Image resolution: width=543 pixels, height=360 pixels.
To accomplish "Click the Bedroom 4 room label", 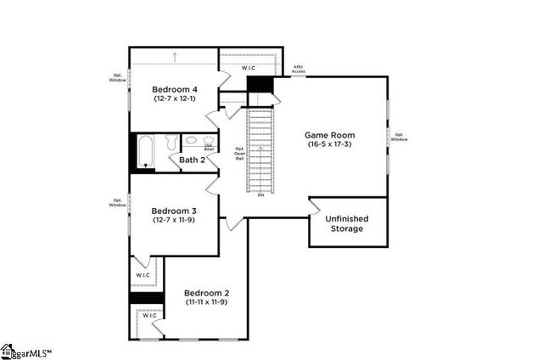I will coord(174,88).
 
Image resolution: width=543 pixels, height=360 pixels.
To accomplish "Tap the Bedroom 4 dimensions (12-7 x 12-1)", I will coord(174,98).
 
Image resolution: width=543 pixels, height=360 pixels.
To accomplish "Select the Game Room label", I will coord(330,135).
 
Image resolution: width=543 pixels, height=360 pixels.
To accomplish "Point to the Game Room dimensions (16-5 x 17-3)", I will coord(330,145).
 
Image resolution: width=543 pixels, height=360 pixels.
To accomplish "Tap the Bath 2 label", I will coord(192,160).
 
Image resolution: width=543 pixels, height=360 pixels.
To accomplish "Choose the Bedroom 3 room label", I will coord(174,211).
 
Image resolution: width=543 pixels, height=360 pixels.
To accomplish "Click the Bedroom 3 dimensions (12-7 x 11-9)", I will coord(174,221).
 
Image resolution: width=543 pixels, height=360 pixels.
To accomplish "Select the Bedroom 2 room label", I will coord(206,293).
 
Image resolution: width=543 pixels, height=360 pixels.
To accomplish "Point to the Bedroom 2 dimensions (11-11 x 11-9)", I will coord(206,303).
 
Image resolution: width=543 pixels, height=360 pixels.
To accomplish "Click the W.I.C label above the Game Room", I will coord(249,67).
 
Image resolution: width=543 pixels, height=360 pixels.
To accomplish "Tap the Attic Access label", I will coord(299,70).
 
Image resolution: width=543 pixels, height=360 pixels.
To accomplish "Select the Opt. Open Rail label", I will coord(239,154).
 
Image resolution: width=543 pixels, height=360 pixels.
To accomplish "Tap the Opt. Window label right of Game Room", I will coord(399,137).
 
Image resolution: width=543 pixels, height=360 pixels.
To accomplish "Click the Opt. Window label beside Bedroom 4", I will coord(117,77).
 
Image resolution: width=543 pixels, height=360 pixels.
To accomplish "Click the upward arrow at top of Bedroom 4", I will coord(174,57).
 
